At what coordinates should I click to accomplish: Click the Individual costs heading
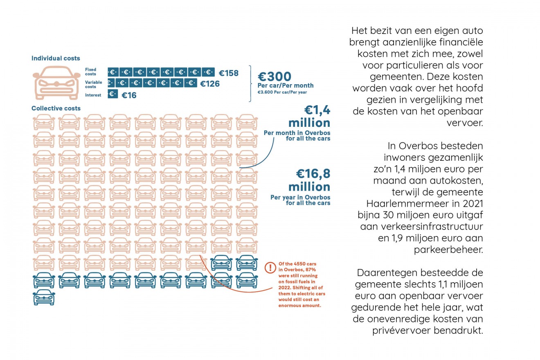(56, 59)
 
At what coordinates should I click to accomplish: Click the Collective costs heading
(56, 108)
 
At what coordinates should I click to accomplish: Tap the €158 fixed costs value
(228, 73)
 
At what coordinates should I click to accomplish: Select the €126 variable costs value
(210, 84)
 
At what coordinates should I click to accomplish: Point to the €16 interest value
(129, 95)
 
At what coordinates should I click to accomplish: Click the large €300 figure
(274, 76)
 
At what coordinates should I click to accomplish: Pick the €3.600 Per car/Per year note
(282, 92)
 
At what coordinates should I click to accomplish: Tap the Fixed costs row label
(91, 72)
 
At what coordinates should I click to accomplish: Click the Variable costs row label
(94, 84)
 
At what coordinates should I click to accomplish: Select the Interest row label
(92, 95)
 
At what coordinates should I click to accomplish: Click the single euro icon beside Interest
(113, 94)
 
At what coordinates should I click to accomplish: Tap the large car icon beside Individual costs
(56, 83)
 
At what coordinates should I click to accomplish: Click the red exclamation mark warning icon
(270, 268)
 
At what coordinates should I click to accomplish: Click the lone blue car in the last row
(44, 297)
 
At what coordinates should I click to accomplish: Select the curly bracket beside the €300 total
(250, 83)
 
